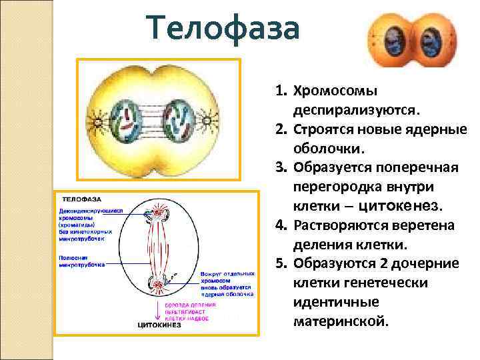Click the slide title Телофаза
click(225, 30)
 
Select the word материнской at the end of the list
click(340, 321)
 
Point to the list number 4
click(280, 225)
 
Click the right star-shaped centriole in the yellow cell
click(207, 121)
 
